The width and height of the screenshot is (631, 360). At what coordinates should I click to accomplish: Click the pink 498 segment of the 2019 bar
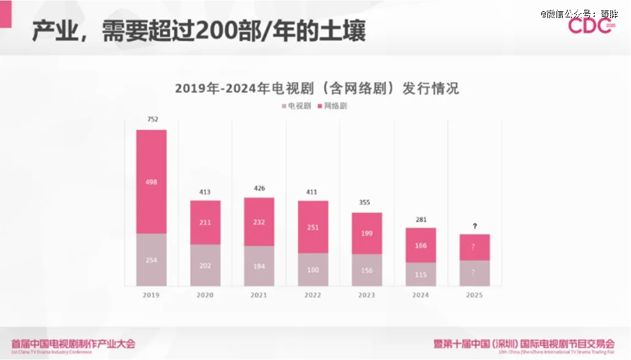[x=151, y=182]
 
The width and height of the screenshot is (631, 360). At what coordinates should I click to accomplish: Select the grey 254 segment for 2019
[x=151, y=260]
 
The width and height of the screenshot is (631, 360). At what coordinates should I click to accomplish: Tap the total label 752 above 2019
[x=152, y=120]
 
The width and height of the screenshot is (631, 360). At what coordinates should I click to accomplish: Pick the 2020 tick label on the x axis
[x=205, y=295]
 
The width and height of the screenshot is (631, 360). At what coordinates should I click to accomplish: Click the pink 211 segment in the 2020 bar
[x=205, y=223]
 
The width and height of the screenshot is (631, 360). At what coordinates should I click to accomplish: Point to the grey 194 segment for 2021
[x=259, y=266]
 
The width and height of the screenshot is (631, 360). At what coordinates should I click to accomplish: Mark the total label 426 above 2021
[x=259, y=188]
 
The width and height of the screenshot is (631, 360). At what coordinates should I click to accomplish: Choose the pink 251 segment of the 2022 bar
[x=313, y=227]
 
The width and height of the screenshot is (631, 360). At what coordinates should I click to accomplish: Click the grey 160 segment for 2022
[x=313, y=269]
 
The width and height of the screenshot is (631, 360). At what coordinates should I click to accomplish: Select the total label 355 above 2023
[x=366, y=203]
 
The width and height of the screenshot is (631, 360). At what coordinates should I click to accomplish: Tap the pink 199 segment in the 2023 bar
[x=366, y=233]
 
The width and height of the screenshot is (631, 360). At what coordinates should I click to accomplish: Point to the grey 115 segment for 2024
[x=421, y=274]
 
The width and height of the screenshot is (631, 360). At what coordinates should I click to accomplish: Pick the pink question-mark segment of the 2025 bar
[x=474, y=247]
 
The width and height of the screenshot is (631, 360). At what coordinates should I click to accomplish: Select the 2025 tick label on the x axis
[x=474, y=295]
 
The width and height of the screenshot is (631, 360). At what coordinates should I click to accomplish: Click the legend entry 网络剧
[x=332, y=106]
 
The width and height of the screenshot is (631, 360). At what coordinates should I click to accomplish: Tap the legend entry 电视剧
[x=296, y=106]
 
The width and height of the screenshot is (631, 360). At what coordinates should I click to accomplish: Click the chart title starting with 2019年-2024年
[x=316, y=88]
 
